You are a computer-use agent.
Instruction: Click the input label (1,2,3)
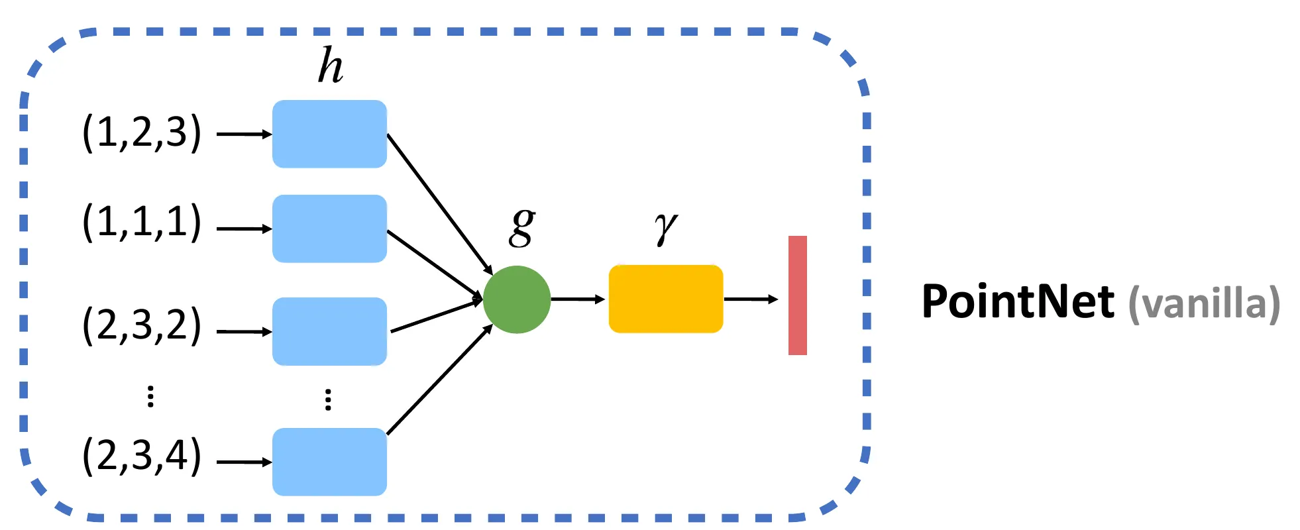point(142,132)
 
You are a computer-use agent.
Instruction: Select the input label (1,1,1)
point(142,222)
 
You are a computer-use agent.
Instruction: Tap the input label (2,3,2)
point(142,325)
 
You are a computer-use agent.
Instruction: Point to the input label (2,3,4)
point(142,455)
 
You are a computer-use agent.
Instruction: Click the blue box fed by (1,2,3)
point(329,134)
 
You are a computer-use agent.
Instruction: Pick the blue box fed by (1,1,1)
point(329,229)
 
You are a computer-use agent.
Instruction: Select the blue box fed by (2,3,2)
point(329,331)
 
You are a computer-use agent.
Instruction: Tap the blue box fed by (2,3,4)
point(329,462)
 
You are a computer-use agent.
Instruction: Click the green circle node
point(517,299)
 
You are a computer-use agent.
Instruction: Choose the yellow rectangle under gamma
point(666,299)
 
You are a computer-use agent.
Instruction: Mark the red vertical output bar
point(798,295)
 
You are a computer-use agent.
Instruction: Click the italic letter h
point(331,65)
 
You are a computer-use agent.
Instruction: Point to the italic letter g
point(522,227)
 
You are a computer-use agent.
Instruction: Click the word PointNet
point(1018,301)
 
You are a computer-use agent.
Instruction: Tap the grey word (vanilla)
point(1204,304)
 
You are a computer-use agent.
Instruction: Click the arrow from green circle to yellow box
point(578,299)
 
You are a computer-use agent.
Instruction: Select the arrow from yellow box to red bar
point(751,299)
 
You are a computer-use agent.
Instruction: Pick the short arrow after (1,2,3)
point(244,134)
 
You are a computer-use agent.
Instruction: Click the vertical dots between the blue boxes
point(328,399)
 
